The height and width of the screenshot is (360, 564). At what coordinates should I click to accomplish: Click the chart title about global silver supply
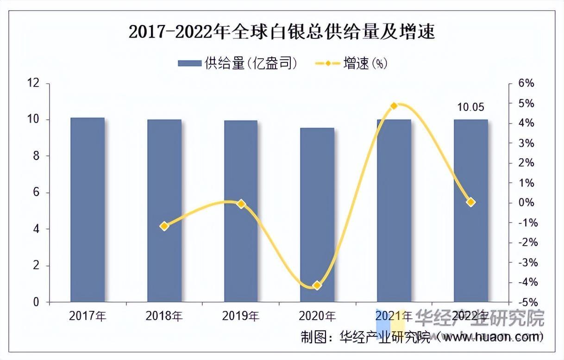[x=282, y=33]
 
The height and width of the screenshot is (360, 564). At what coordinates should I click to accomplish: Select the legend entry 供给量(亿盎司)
[x=238, y=63]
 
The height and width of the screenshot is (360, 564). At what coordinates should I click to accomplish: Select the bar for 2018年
[x=164, y=211]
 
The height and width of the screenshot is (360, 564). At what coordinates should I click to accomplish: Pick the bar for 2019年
[x=241, y=211]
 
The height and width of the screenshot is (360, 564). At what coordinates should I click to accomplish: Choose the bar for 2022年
[x=470, y=211]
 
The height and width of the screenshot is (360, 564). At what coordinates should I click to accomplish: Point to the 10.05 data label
[x=470, y=107]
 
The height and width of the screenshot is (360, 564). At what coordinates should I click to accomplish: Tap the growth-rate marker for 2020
[x=317, y=286]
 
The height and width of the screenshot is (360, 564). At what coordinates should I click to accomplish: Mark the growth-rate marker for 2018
[x=164, y=226]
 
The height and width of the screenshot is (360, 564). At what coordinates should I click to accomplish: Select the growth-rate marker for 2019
[x=241, y=204]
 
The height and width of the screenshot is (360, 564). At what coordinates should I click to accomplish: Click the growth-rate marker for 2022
[x=470, y=202]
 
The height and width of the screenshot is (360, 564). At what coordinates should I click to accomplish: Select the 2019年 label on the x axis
[x=241, y=317]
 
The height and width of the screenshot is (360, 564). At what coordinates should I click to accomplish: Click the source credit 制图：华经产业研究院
[x=366, y=336]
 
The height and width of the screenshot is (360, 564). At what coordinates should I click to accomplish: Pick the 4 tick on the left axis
[x=36, y=229]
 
